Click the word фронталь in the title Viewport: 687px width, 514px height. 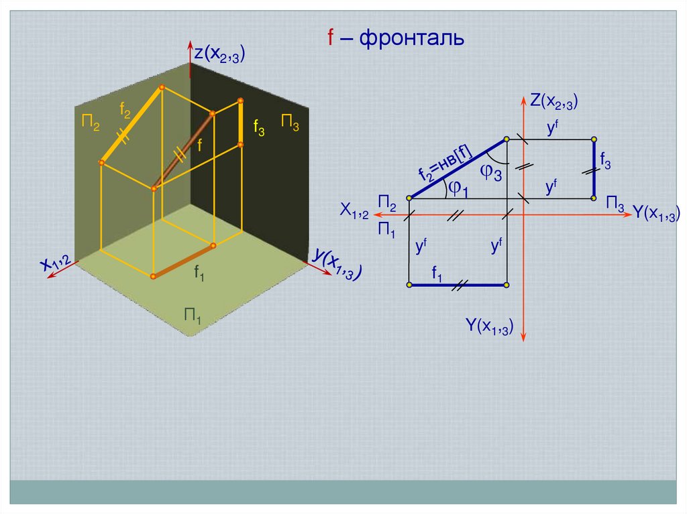pos(412,38)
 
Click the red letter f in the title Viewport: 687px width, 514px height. pos(331,38)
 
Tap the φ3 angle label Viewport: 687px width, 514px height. pos(490,172)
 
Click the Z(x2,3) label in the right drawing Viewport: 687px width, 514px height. pos(553,102)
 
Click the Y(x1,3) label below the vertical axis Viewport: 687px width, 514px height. pos(490,326)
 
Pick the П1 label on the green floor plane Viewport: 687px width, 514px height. pos(194,315)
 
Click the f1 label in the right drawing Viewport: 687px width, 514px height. pos(437,273)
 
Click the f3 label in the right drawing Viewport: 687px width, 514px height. pos(605,161)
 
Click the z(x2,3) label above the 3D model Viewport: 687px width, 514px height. pos(219,54)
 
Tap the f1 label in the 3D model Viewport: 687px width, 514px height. pos(200,272)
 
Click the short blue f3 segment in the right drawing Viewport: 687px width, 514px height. pos(594,169)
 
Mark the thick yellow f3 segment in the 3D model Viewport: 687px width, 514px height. pos(240,121)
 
